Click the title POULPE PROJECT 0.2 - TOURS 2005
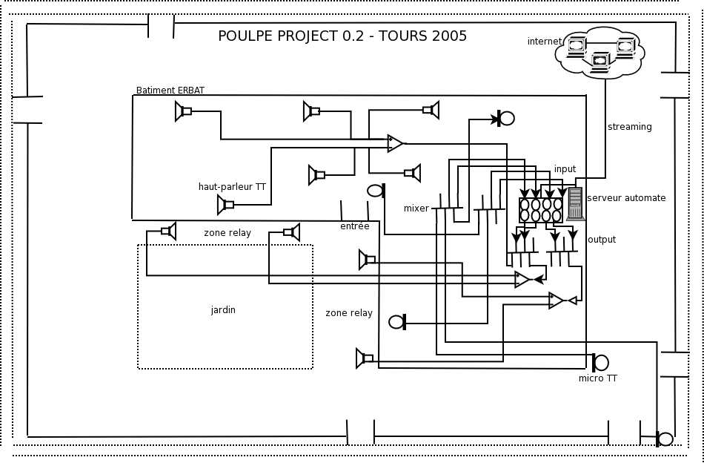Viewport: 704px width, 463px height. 342,36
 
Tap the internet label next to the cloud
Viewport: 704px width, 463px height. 544,42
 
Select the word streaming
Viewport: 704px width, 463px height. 629,127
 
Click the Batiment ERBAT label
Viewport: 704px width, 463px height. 170,91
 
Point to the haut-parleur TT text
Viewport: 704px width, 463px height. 232,187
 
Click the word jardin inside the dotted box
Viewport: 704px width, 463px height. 223,310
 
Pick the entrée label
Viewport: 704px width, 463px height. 354,226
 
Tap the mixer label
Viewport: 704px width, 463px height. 416,208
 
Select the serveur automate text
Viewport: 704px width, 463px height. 626,198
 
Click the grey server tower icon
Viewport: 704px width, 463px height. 575,203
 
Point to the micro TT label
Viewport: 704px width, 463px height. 597,378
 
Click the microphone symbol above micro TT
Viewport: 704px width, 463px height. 600,363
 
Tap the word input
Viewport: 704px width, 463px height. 565,169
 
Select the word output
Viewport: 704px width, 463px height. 601,240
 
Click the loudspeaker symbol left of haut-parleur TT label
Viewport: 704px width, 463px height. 225,204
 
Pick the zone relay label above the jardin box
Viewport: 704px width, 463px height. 228,233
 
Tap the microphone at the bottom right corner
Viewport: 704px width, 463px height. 664,439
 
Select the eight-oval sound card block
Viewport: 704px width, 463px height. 541,210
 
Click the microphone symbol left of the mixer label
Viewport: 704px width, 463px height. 376,191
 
